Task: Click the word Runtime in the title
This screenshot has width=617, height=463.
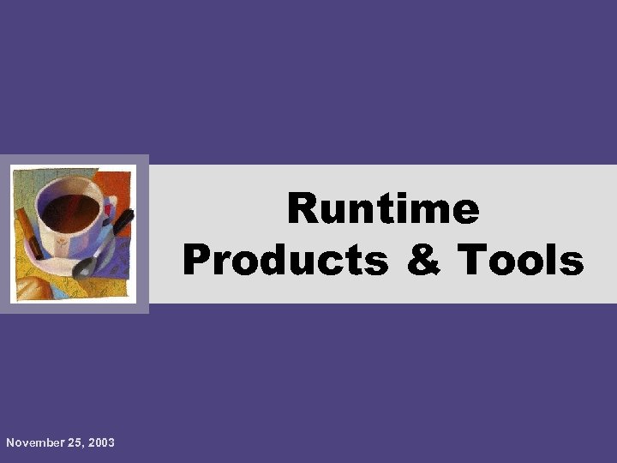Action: (x=383, y=208)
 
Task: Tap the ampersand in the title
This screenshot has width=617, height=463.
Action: (x=423, y=260)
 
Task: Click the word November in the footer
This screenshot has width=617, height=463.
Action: (x=35, y=442)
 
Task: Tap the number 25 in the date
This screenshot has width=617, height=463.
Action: (x=77, y=442)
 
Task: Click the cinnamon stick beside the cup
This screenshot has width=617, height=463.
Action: (x=30, y=231)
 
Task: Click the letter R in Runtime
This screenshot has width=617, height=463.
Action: (x=303, y=208)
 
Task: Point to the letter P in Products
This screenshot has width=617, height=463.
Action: (x=196, y=260)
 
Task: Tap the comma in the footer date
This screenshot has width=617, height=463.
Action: (x=86, y=446)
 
